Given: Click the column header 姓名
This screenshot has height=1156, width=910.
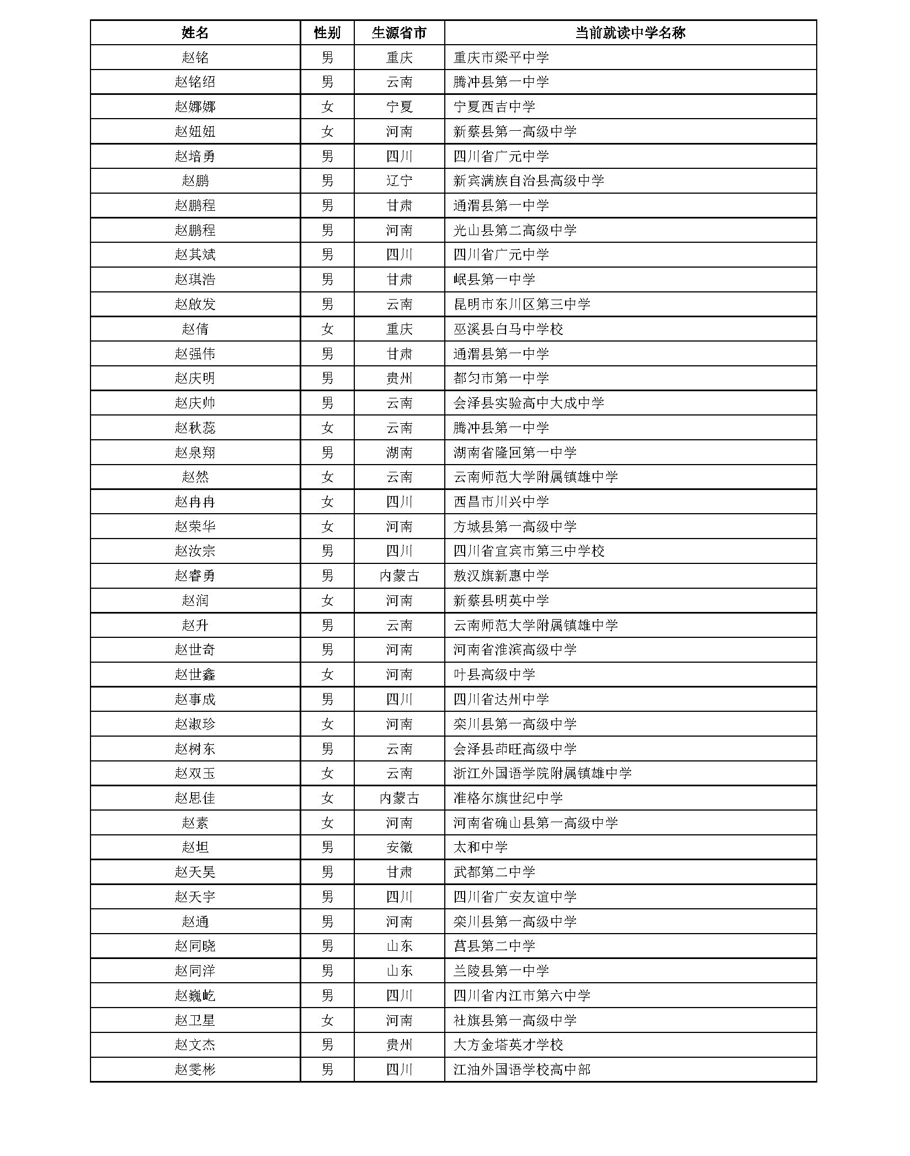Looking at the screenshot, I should tap(195, 33).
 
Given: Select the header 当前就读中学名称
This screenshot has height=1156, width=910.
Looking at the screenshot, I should tap(630, 33).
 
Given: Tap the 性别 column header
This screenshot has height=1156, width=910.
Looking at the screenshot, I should tap(327, 33).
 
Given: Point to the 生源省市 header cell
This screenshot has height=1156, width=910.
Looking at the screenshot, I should tap(399, 33).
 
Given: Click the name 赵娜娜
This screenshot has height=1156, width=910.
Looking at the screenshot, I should tap(195, 107).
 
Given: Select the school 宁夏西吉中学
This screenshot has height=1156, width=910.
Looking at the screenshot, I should tap(494, 107).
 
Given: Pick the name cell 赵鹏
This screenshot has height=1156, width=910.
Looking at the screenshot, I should tap(195, 181).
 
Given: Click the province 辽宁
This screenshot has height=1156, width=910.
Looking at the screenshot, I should tap(399, 181).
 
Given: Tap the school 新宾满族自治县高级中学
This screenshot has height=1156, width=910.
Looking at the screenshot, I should tap(528, 181).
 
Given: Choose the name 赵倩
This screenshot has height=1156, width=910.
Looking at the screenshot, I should tap(195, 329).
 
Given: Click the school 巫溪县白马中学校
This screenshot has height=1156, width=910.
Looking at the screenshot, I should tap(508, 329).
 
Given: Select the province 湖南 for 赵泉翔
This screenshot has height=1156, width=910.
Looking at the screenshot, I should tap(399, 453).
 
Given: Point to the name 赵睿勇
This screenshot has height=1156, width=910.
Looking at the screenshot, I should tap(195, 576).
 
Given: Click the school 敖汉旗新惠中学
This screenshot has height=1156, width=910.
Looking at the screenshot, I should tap(501, 576).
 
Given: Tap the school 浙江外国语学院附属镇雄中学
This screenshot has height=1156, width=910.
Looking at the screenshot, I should tap(542, 774).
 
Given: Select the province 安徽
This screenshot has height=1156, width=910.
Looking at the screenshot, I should tap(399, 848).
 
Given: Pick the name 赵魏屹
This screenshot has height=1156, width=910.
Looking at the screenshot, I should tap(195, 996).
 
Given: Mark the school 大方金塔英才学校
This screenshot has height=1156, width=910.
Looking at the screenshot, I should tap(508, 1045).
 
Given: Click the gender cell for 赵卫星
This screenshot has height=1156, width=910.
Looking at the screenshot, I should tap(327, 1021).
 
